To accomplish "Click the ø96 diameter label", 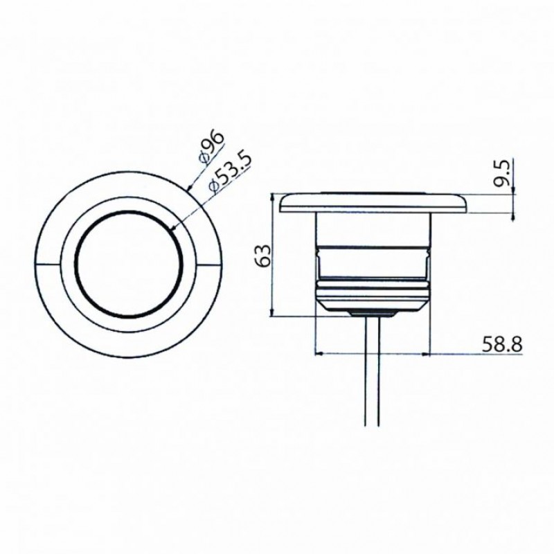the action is (x=211, y=147).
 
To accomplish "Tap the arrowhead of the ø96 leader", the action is (x=189, y=186).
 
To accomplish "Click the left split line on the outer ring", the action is (x=48, y=264).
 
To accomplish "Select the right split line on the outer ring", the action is (x=210, y=264).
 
